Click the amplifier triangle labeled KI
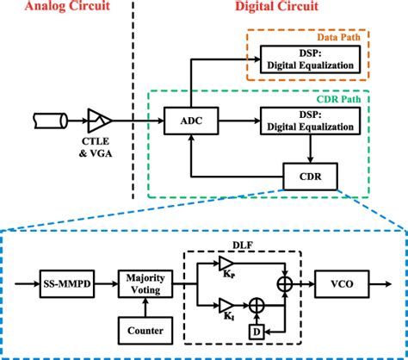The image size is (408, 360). click(225, 305)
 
